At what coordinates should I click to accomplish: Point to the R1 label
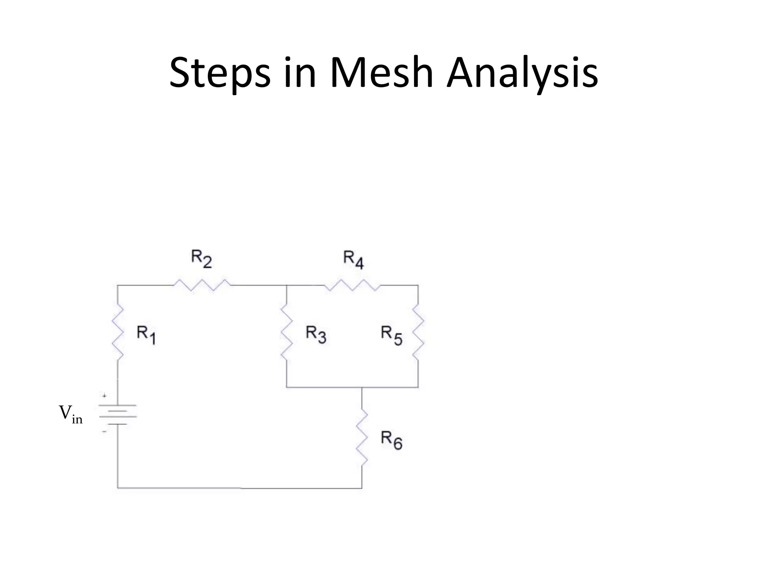pyautogui.click(x=146, y=334)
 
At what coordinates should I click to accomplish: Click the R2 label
pyautogui.click(x=202, y=258)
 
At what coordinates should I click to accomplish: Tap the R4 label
pyautogui.click(x=353, y=260)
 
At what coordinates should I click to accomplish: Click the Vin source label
pyautogui.click(x=70, y=414)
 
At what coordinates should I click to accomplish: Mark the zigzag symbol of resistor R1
pyautogui.click(x=118, y=332)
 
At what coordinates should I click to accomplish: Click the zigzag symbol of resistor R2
pyautogui.click(x=202, y=285)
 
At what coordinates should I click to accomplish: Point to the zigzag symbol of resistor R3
pyautogui.click(x=286, y=332)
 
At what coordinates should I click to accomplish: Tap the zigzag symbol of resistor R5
pyautogui.click(x=418, y=332)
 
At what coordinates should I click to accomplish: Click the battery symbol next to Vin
pyautogui.click(x=118, y=414)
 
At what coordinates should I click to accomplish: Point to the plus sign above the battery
pyautogui.click(x=105, y=396)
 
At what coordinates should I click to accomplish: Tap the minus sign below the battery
pyautogui.click(x=105, y=432)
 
